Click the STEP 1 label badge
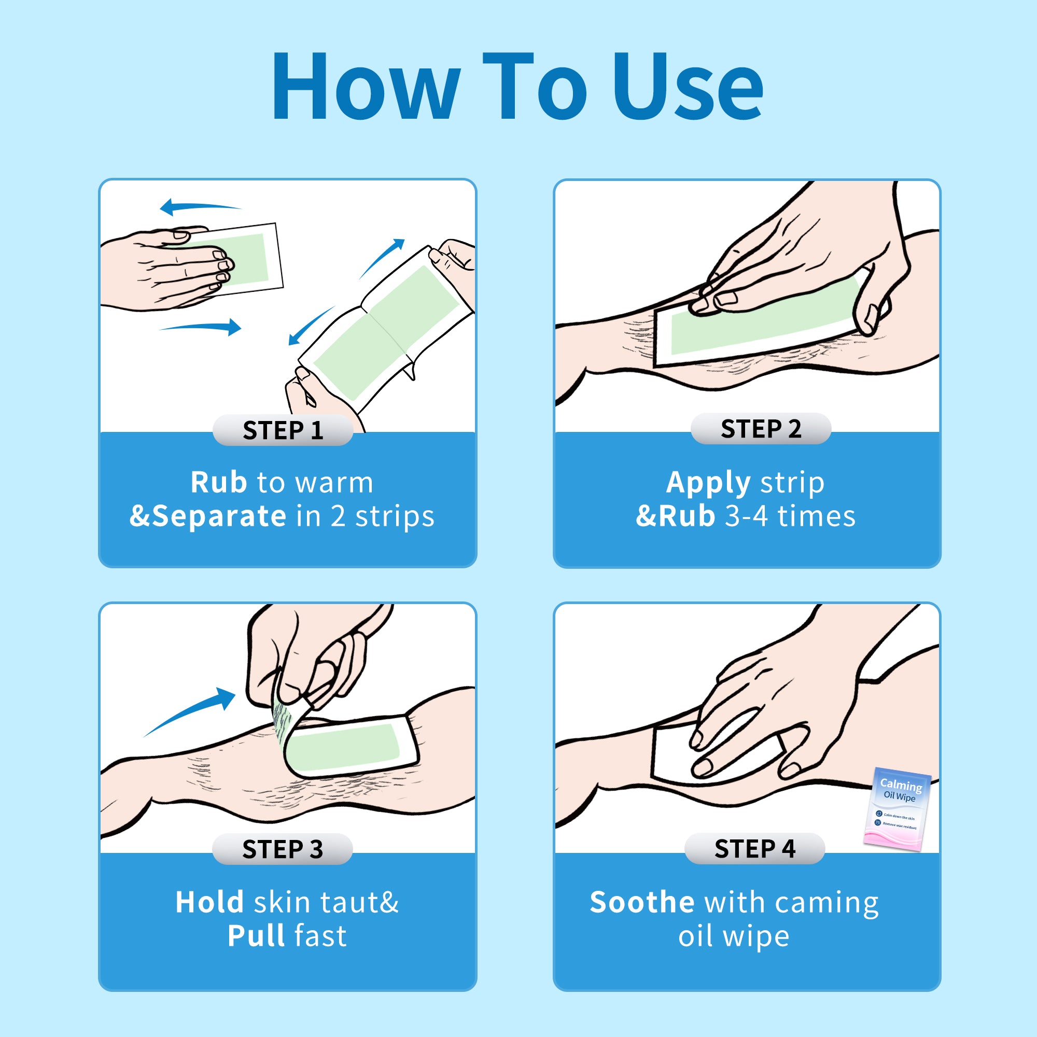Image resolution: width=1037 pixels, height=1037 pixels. tap(283, 430)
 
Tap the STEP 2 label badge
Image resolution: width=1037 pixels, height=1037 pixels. tap(761, 428)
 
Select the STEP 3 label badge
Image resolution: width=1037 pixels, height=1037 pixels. tap(283, 849)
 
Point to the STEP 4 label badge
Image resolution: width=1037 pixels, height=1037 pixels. tap(754, 849)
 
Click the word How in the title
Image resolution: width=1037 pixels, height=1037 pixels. tap(366, 86)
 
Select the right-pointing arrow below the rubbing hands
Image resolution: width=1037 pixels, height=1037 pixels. tap(201, 326)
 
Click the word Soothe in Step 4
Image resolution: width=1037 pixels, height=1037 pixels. tap(642, 902)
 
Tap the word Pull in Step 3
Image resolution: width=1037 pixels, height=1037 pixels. tap(256, 936)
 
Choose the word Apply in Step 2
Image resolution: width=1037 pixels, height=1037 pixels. tap(708, 484)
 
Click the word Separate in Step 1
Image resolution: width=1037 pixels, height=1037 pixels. tap(219, 517)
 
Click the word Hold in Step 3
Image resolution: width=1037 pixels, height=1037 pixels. tap(209, 902)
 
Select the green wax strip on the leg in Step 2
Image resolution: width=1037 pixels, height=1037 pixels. tap(761, 317)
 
